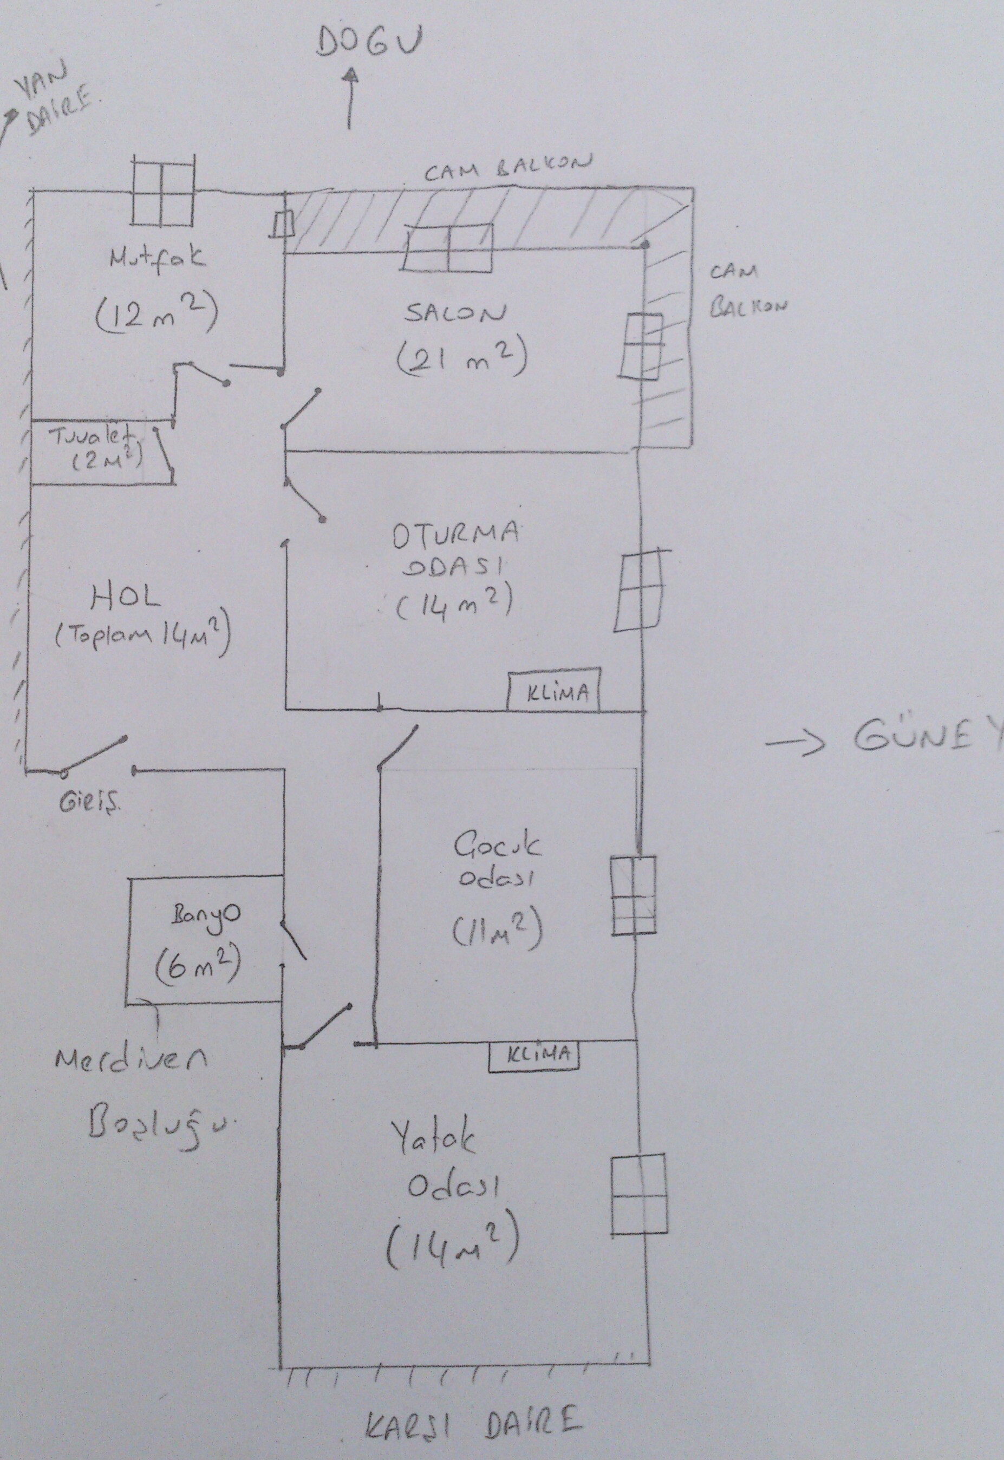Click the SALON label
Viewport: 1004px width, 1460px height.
click(454, 312)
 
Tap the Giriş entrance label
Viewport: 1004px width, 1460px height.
click(89, 808)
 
